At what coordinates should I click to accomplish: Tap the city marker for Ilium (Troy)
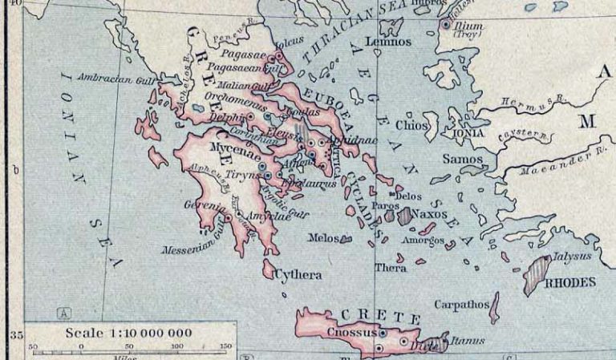446,24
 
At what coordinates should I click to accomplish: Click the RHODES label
570,282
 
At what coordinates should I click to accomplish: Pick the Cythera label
298,275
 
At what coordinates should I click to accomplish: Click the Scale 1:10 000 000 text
129,333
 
